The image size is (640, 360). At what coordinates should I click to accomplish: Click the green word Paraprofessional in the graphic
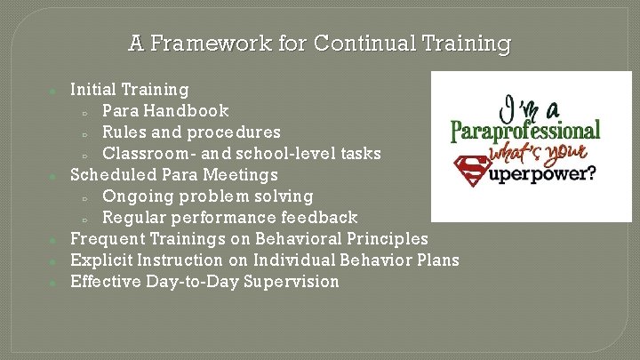tap(525, 132)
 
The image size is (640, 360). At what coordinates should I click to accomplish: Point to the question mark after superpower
tap(589, 173)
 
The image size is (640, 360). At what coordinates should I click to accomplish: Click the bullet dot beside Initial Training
tap(54, 91)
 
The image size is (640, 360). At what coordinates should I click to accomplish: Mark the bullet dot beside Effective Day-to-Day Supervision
tap(54, 284)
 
